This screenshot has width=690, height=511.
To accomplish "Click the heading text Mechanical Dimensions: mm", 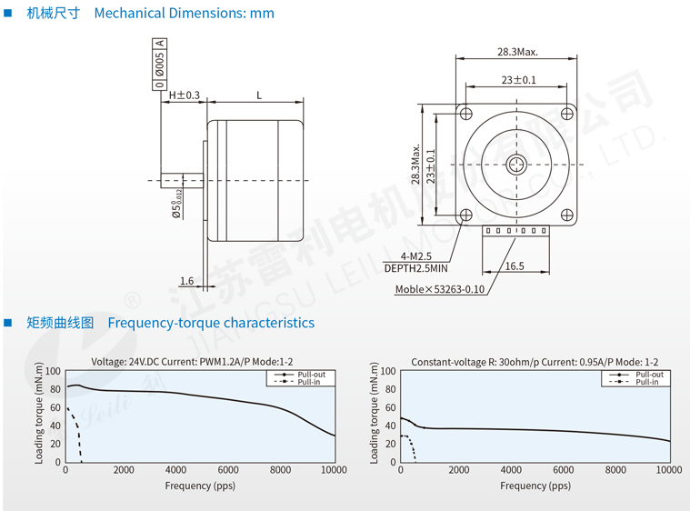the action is click(x=184, y=14).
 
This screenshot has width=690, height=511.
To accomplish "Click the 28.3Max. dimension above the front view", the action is click(x=517, y=52).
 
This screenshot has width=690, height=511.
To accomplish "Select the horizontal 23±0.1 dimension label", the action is click(x=519, y=80).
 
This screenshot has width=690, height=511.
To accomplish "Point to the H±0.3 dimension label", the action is click(x=184, y=95).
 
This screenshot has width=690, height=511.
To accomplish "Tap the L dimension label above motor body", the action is click(x=259, y=95).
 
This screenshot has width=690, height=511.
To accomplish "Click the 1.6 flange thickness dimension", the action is click(x=186, y=281).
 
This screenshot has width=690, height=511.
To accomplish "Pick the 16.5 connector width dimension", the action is click(x=515, y=266).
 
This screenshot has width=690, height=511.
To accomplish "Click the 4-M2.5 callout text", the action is click(x=415, y=256).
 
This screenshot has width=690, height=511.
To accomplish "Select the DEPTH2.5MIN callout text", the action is click(x=415, y=268).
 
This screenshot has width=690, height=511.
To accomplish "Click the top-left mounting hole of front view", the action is click(x=466, y=114).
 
